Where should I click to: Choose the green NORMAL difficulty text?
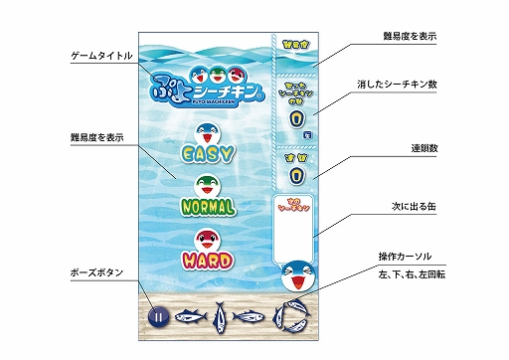point(208,207)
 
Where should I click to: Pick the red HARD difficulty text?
point(208,261)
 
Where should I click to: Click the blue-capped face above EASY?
point(208,129)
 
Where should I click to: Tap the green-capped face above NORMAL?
point(208,184)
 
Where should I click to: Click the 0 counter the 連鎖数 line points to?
point(295,175)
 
